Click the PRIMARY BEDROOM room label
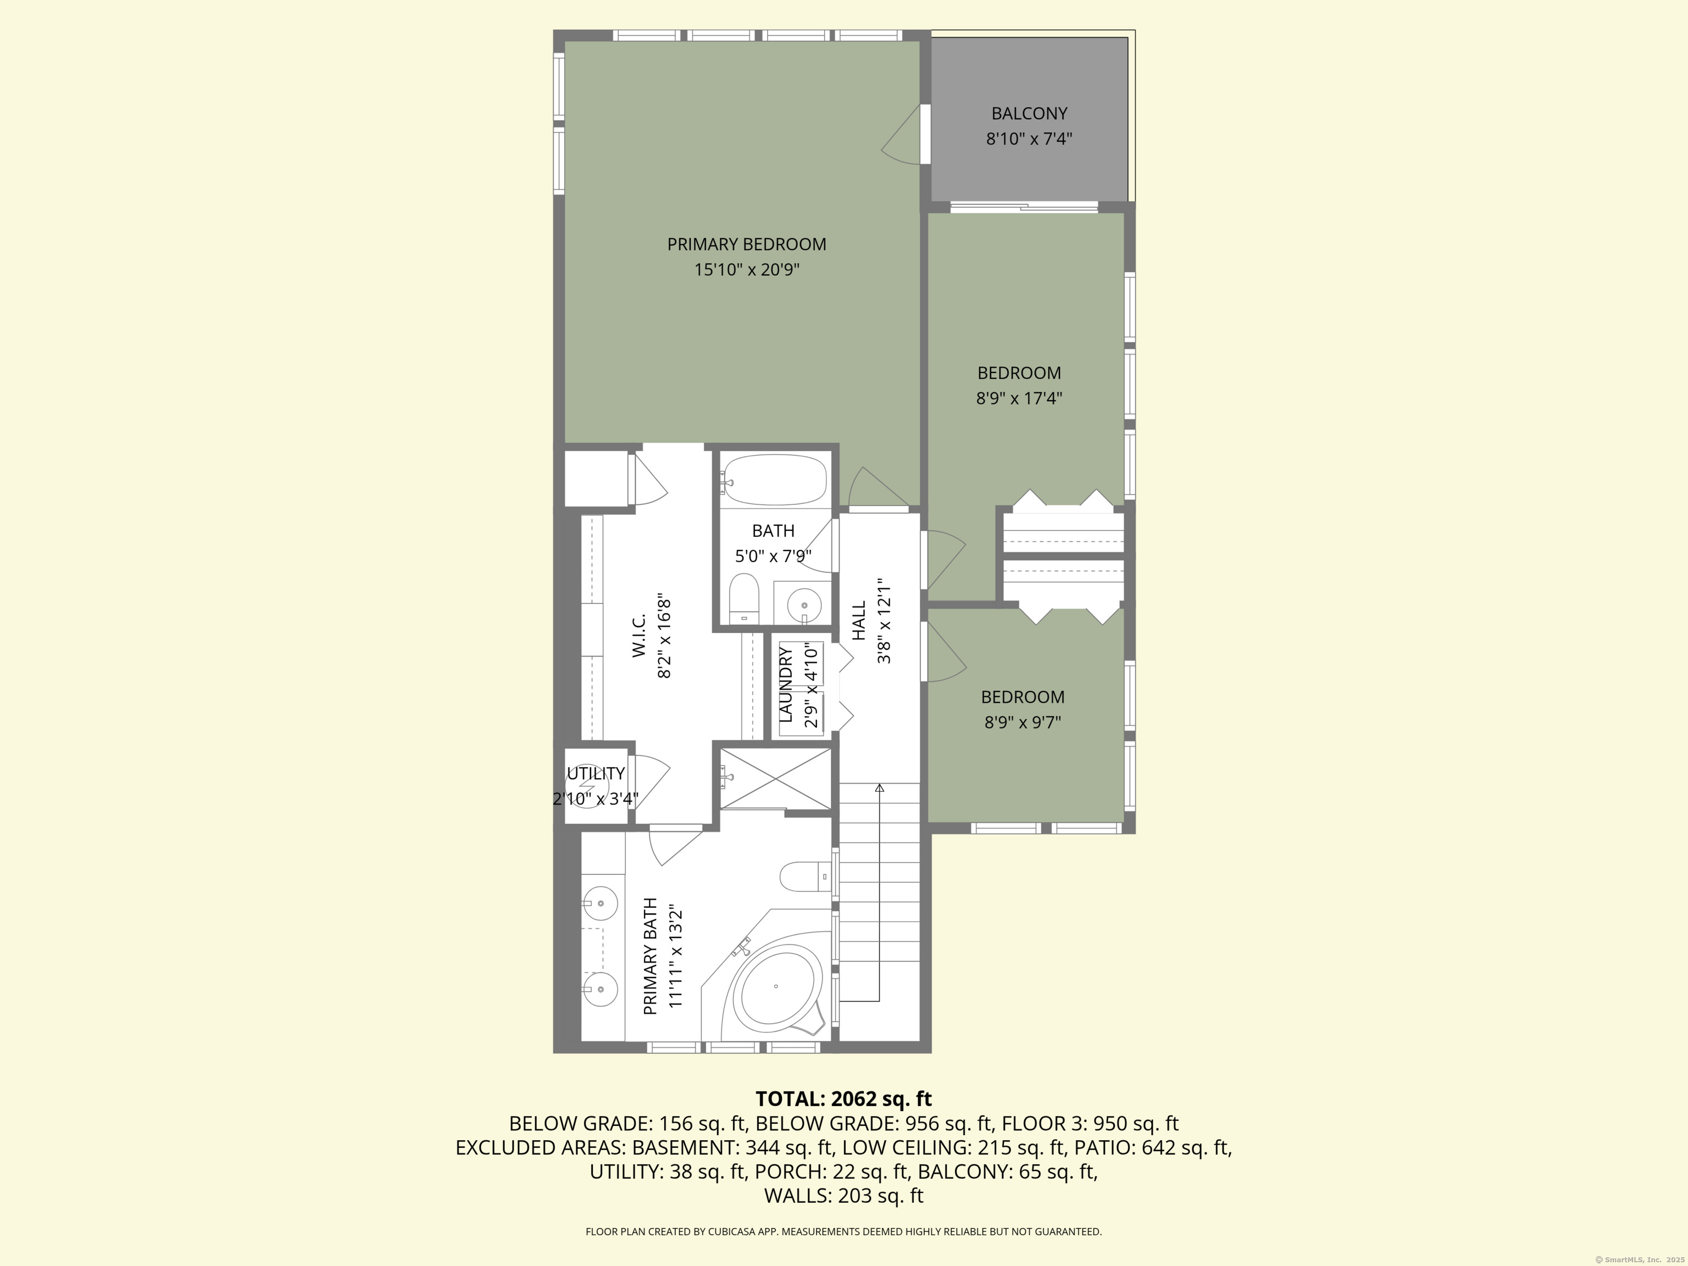pyautogui.click(x=746, y=244)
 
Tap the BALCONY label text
pyautogui.click(x=1029, y=114)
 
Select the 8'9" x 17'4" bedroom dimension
pyautogui.click(x=1019, y=398)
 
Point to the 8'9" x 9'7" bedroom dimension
pyautogui.click(x=1023, y=722)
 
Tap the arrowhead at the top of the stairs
pyautogui.click(x=879, y=787)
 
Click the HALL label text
pyautogui.click(x=859, y=620)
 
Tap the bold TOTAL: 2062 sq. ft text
pyautogui.click(x=843, y=1099)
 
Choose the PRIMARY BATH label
pyautogui.click(x=650, y=956)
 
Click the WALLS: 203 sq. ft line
pyautogui.click(x=843, y=1196)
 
